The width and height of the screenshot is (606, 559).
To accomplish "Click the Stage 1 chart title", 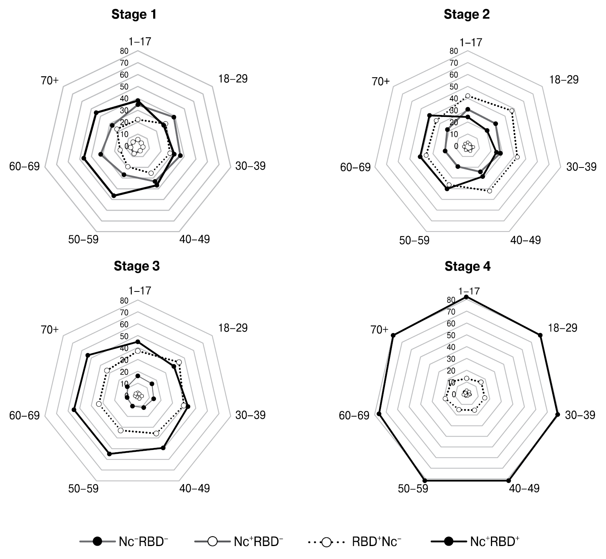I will point(134,15).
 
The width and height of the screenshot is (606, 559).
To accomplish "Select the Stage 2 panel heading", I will point(467,15).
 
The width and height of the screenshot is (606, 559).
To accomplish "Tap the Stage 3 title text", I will point(137,266).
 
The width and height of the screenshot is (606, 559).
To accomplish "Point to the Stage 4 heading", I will point(467,267).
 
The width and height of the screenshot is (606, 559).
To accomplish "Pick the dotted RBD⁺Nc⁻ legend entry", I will point(355,542).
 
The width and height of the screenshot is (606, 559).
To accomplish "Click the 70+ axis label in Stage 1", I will point(49,81).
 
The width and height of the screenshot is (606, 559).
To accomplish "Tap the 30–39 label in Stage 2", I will point(581,167).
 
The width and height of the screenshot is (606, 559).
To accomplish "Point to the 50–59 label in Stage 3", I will point(83,488).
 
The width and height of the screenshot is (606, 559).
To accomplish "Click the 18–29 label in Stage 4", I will point(562,328).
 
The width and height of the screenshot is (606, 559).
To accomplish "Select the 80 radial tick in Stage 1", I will point(124,51).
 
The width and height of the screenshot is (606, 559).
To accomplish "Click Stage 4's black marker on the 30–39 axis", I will point(557,414).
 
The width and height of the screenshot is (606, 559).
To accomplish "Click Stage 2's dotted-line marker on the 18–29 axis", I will point(512,111).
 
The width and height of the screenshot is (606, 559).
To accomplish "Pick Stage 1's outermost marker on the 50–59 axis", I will point(114,195).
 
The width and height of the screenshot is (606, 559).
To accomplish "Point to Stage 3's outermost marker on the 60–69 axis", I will point(74,410).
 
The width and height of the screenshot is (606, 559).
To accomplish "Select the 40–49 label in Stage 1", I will point(195,239).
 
